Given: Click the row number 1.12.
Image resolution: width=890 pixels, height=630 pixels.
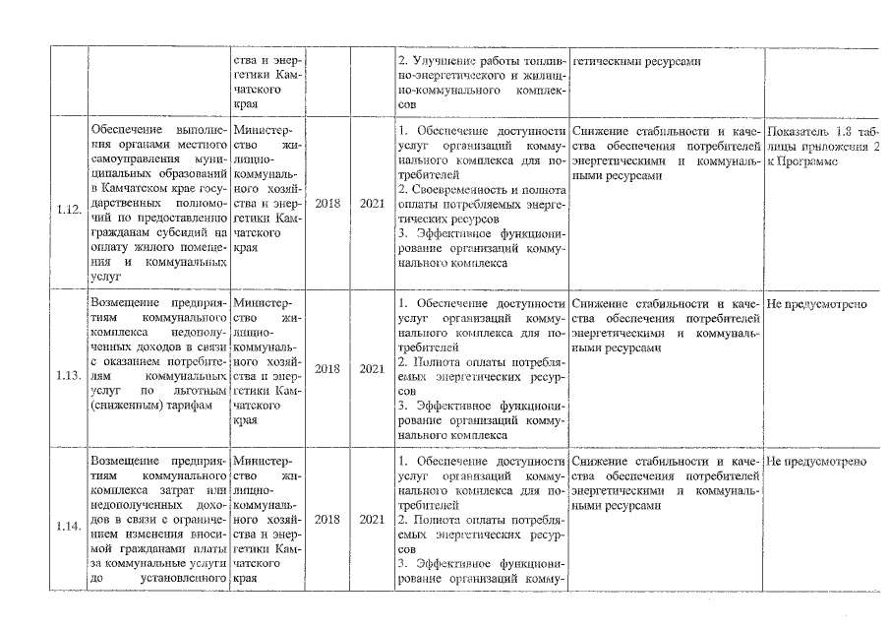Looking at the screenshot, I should (x=68, y=209).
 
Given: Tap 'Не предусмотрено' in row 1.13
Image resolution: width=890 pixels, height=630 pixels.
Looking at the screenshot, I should (x=816, y=304).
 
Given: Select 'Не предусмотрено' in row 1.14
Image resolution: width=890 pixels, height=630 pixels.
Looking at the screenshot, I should (x=816, y=461).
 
